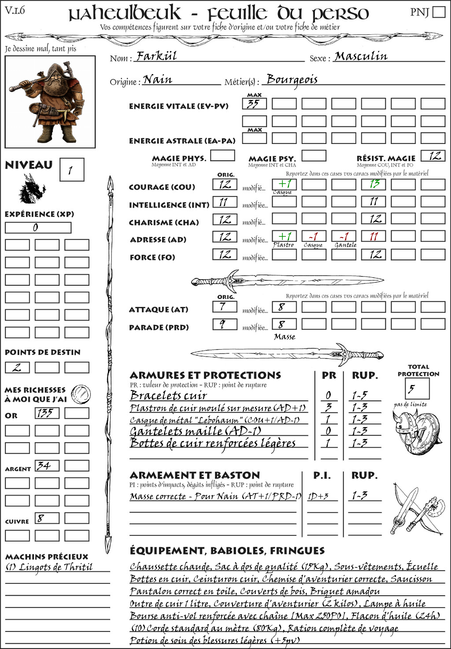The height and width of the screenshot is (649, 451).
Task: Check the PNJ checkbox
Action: click(x=439, y=11)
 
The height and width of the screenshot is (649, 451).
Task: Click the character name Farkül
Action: click(x=156, y=56)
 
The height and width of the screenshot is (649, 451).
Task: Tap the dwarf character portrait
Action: click(x=50, y=102)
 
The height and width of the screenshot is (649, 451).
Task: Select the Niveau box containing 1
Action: click(x=71, y=170)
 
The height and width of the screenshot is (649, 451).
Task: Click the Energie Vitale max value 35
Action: click(x=254, y=104)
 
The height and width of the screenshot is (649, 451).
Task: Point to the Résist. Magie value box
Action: click(x=433, y=156)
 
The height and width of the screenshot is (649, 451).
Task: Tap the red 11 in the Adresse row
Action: click(x=373, y=236)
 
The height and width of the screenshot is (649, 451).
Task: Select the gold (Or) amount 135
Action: click(x=47, y=413)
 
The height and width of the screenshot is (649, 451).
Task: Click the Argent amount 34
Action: click(x=47, y=466)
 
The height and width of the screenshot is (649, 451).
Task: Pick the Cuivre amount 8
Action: click(x=47, y=518)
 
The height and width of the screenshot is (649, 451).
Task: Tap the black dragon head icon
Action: click(x=32, y=189)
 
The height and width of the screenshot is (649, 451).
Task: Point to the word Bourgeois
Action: click(x=292, y=80)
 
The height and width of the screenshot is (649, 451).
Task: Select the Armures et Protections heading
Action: click(x=205, y=375)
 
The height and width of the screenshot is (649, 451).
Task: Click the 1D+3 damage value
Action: click(x=318, y=496)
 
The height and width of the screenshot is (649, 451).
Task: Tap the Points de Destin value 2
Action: click(x=17, y=367)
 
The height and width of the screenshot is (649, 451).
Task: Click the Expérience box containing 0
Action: click(x=38, y=228)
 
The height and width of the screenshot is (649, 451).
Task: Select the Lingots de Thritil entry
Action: click(x=49, y=567)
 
